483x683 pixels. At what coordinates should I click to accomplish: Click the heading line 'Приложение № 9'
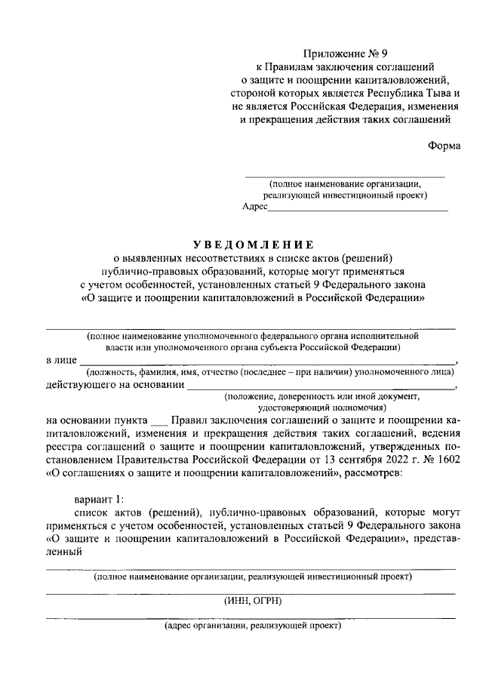(344, 54)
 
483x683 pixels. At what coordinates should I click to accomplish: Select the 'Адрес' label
(255, 206)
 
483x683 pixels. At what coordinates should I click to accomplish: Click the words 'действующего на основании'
(115, 386)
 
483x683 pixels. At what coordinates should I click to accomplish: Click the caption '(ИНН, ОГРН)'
(251, 601)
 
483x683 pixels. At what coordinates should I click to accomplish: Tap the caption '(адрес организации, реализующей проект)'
(252, 626)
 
